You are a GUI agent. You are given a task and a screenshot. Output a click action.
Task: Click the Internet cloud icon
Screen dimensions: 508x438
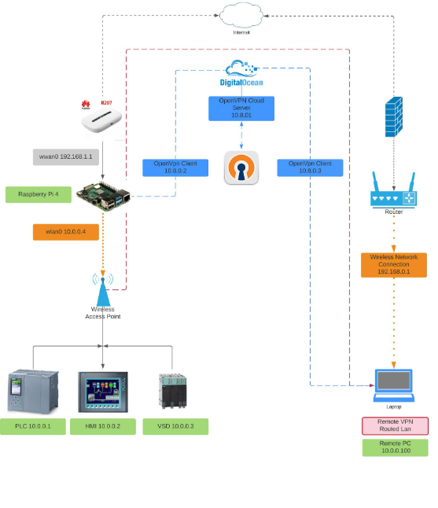click(241, 15)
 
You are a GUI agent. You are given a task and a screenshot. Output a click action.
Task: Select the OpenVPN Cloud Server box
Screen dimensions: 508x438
click(241, 109)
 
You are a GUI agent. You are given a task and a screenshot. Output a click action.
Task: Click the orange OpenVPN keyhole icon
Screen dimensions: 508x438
click(241, 167)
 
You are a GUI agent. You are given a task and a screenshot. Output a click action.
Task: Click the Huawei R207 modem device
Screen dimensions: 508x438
click(101, 120)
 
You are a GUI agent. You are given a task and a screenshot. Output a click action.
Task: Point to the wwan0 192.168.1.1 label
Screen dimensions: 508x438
click(66, 156)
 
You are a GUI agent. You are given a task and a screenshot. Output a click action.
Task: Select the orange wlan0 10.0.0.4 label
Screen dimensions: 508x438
click(66, 232)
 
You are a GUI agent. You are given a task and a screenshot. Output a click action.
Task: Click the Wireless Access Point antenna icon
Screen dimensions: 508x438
click(102, 289)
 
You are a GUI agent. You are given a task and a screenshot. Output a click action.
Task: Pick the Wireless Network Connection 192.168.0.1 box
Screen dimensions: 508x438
click(393, 265)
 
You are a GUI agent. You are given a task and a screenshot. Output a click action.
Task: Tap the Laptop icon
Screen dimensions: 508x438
click(393, 385)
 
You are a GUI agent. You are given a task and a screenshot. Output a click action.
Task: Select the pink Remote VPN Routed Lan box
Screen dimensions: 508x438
click(394, 426)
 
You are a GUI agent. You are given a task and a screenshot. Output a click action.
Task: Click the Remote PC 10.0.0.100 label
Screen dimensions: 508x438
click(395, 447)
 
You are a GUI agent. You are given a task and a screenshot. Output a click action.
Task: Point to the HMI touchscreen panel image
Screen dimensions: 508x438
click(102, 392)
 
